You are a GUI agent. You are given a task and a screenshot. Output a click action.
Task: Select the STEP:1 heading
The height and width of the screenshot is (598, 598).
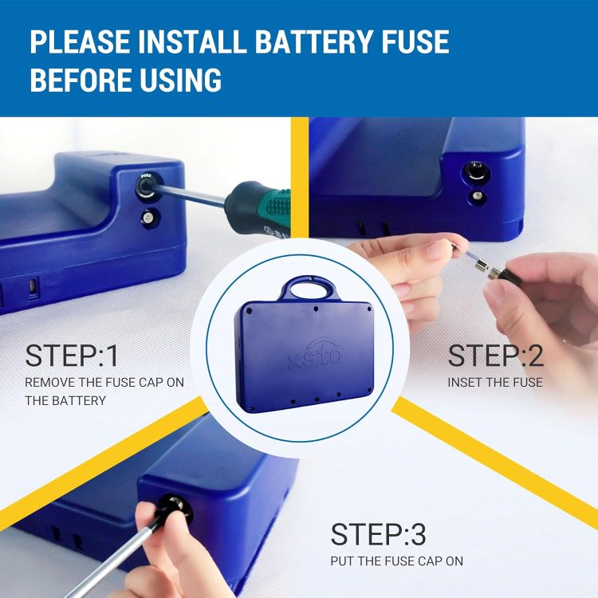pyautogui.click(x=71, y=356)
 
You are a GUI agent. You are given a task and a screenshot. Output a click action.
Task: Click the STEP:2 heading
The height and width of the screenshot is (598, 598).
pyautogui.click(x=495, y=356)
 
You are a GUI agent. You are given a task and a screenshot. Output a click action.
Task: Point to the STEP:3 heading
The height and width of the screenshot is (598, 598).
pyautogui.click(x=378, y=534)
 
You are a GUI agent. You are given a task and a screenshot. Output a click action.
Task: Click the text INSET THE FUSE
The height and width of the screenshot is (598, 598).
pyautogui.click(x=495, y=382)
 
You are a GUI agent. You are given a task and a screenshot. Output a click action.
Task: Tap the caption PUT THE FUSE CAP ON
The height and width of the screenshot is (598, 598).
pyautogui.click(x=396, y=561)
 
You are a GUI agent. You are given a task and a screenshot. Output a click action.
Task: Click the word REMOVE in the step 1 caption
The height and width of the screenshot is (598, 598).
pyautogui.click(x=49, y=382)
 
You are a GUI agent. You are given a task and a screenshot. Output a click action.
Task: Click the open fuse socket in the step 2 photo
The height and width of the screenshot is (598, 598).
pyautogui.click(x=476, y=171)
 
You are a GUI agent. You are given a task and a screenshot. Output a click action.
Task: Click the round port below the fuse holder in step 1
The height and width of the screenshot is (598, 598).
pyautogui.click(x=148, y=218)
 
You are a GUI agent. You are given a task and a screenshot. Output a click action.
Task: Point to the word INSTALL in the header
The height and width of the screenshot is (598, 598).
pyautogui.click(x=193, y=41)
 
